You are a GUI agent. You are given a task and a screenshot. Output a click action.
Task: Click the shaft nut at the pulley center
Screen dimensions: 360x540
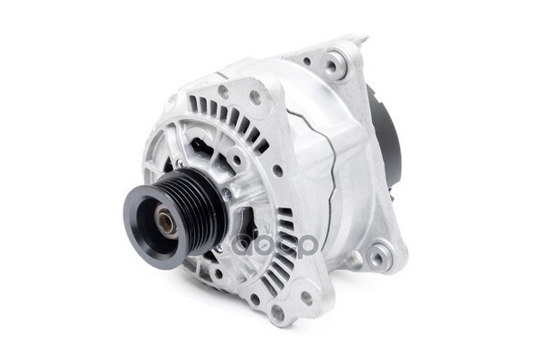tap(167, 219)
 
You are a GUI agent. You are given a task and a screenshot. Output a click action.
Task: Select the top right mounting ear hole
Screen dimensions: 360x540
tap(335, 64)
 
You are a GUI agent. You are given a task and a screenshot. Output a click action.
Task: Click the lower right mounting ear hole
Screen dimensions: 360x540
tap(377, 258)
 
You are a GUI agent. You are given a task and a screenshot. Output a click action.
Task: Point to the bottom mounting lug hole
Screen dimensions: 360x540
tap(277, 312)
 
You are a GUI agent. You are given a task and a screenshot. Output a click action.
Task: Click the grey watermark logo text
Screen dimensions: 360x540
tap(275, 244)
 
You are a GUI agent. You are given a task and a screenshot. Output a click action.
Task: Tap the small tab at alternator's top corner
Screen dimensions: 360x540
tap(361, 40)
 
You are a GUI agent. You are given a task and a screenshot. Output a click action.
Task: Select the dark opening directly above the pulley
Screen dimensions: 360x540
tap(200, 149)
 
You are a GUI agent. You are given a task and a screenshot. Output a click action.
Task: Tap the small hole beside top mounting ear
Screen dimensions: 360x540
tap(307, 61)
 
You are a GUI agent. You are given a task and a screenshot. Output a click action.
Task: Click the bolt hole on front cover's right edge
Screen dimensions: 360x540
tap(277, 170)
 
